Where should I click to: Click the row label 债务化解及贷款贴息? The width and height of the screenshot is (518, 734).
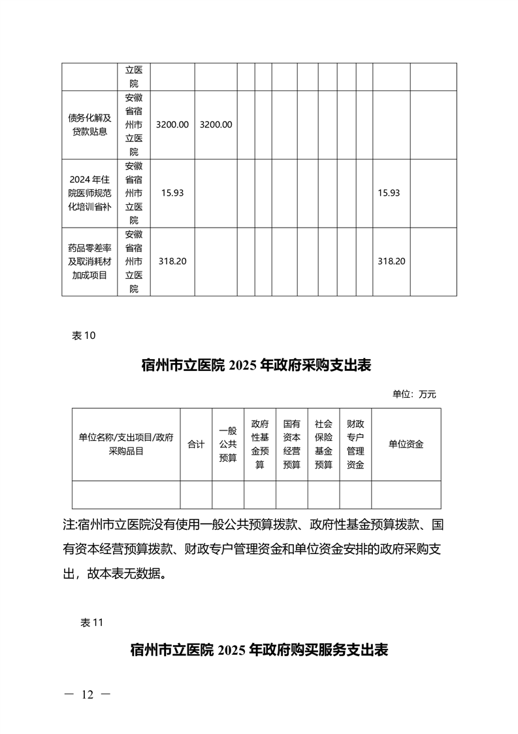pos(89,124)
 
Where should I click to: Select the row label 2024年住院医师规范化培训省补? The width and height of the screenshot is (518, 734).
pos(89,193)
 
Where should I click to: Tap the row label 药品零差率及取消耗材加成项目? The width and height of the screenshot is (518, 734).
pos(89,261)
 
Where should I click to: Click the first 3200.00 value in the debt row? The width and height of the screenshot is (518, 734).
pos(172,124)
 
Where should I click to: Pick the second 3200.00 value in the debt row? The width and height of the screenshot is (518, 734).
pos(216,124)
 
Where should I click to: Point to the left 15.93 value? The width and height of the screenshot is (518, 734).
pos(172,193)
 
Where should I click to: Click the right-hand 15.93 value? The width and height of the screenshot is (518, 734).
pos(389,193)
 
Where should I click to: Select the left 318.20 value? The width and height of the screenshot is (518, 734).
pos(172,261)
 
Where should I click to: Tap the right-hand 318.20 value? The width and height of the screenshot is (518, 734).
pos(391,261)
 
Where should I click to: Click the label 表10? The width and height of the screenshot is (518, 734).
pos(83,336)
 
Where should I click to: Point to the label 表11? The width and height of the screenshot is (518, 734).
pos(91,623)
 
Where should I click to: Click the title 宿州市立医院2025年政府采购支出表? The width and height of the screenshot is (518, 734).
pos(256,365)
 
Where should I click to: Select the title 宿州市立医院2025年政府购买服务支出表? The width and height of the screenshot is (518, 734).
pos(259,650)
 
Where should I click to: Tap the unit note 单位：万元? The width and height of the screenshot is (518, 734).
pos(413,394)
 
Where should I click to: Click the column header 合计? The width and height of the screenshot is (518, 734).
pos(196,444)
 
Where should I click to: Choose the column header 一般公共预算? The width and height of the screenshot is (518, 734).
pos(228,444)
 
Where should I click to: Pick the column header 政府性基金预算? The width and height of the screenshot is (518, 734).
pos(260,444)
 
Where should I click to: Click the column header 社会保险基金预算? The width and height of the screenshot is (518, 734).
pos(323,444)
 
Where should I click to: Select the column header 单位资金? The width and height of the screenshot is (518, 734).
pos(406,444)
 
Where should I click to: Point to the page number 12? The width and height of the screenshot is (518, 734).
pos(88,695)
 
